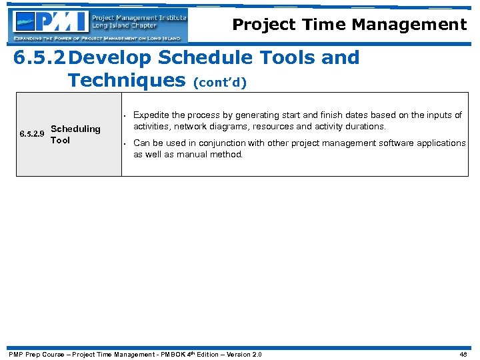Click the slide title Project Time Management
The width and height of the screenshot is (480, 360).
349,25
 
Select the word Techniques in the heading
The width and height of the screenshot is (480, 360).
127,81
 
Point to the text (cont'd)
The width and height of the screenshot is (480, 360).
220,83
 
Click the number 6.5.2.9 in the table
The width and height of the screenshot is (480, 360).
32,135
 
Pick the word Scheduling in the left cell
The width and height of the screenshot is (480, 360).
75,129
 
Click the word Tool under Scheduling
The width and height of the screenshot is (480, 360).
60,140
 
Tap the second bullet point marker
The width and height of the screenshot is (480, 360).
125,143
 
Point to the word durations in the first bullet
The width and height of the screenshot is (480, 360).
367,127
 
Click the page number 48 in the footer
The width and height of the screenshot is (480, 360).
463,354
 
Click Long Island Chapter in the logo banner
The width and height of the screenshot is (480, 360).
124,26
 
